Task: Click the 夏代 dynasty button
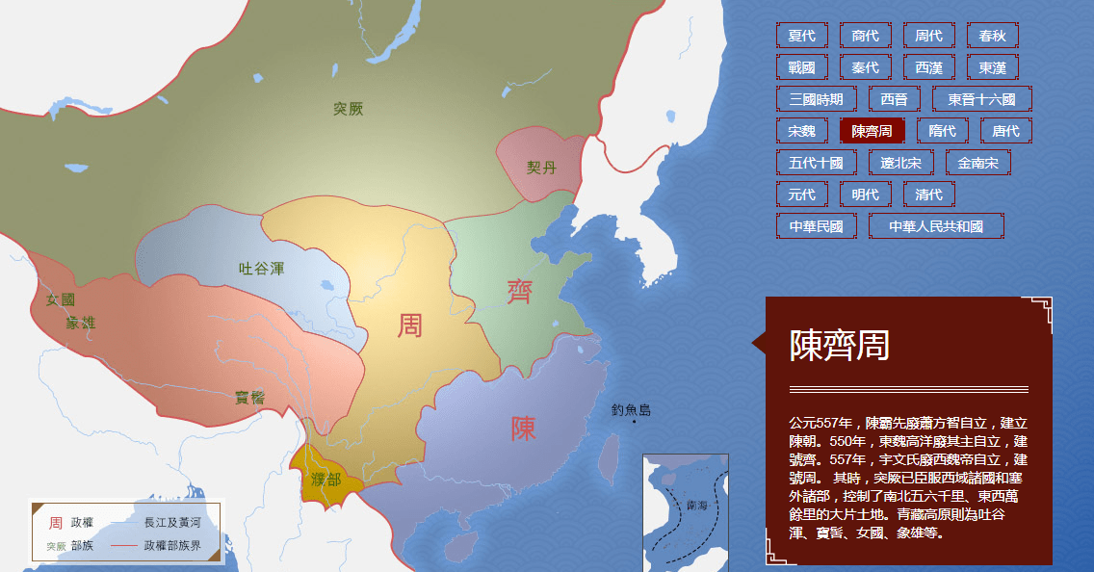tap(801, 36)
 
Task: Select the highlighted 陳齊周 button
tap(872, 131)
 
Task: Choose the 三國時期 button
tap(816, 99)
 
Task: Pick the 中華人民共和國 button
tap(935, 226)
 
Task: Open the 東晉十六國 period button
tap(981, 99)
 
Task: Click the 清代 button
tap(928, 195)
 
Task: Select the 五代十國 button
tap(816, 163)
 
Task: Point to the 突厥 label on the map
tap(349, 109)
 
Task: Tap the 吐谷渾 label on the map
tap(262, 269)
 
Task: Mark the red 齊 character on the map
tap(520, 291)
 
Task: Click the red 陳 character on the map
tap(523, 428)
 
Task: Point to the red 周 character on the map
tap(410, 325)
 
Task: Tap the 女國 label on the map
tap(61, 299)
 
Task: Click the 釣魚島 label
tap(631, 410)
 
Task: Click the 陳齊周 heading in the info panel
tap(839, 345)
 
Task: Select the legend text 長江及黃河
tap(172, 522)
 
